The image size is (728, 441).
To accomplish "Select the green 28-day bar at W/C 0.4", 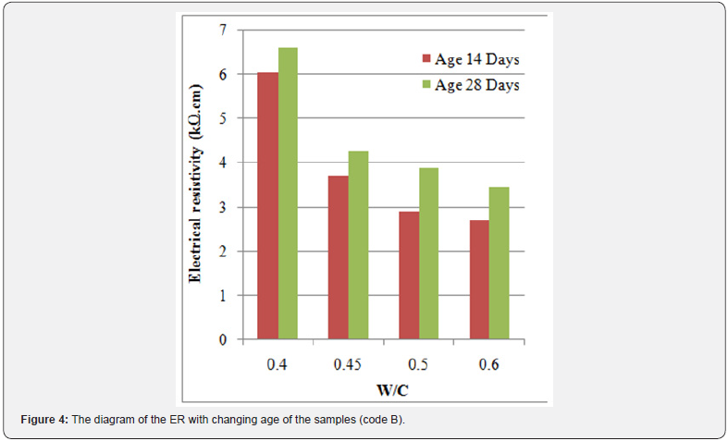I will click(x=288, y=193).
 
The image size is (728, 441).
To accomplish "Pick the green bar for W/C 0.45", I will click(x=358, y=245).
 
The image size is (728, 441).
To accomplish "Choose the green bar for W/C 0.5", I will click(x=428, y=253).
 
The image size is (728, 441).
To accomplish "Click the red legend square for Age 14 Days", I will click(x=426, y=59).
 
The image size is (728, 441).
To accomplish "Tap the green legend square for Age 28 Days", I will click(x=426, y=85).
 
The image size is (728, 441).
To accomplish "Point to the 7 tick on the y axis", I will click(x=223, y=31).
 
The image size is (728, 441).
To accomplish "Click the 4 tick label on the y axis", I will click(x=223, y=163).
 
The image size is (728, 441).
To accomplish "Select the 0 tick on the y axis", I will click(x=223, y=340).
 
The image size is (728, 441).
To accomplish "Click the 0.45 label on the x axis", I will click(x=348, y=365).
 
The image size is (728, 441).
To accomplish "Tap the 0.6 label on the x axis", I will click(x=488, y=365).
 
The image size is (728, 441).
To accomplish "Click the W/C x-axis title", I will click(x=383, y=391).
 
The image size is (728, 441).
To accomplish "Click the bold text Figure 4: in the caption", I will click(x=44, y=420).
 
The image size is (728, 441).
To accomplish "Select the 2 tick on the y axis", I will click(x=223, y=251).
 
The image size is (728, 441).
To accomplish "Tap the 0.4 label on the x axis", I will click(x=277, y=365).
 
